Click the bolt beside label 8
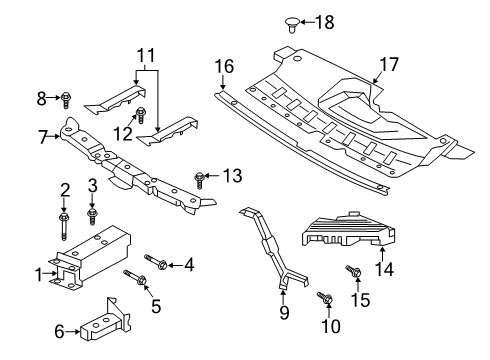click(66, 98)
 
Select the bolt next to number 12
click(141, 113)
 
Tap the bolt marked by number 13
click(201, 179)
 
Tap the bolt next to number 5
click(132, 276)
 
